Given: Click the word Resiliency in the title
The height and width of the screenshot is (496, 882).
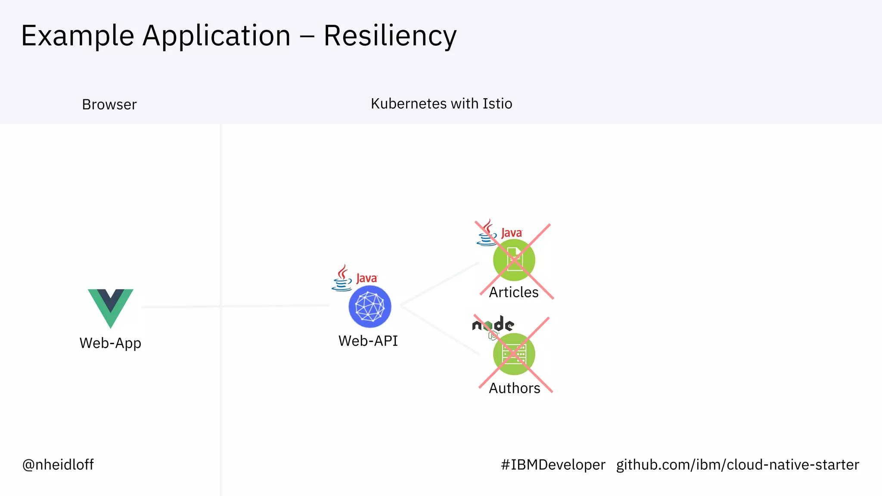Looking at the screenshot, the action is (390, 36).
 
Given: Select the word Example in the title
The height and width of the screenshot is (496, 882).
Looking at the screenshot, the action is (78, 36).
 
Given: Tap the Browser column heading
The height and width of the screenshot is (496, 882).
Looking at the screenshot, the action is (109, 105).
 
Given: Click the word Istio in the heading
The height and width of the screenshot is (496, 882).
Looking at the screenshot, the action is (497, 104).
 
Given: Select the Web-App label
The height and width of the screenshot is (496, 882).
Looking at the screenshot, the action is (110, 343).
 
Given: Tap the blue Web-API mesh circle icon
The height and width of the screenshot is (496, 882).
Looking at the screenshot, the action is (370, 307).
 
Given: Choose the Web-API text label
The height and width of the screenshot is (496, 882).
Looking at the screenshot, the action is (368, 341).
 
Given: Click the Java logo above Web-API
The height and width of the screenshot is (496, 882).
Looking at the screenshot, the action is (354, 278).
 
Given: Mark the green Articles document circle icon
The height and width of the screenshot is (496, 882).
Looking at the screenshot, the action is (514, 260).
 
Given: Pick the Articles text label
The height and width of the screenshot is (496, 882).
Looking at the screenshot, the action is (514, 292).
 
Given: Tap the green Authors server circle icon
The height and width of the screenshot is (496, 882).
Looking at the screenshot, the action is (514, 354).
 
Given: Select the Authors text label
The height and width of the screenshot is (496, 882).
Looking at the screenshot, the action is (514, 388).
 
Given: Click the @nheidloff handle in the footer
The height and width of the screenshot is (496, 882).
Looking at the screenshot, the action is (58, 465).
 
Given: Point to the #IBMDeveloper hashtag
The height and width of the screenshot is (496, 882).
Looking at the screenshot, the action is (553, 465).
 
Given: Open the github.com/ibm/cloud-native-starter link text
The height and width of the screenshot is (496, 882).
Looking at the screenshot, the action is (737, 465).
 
